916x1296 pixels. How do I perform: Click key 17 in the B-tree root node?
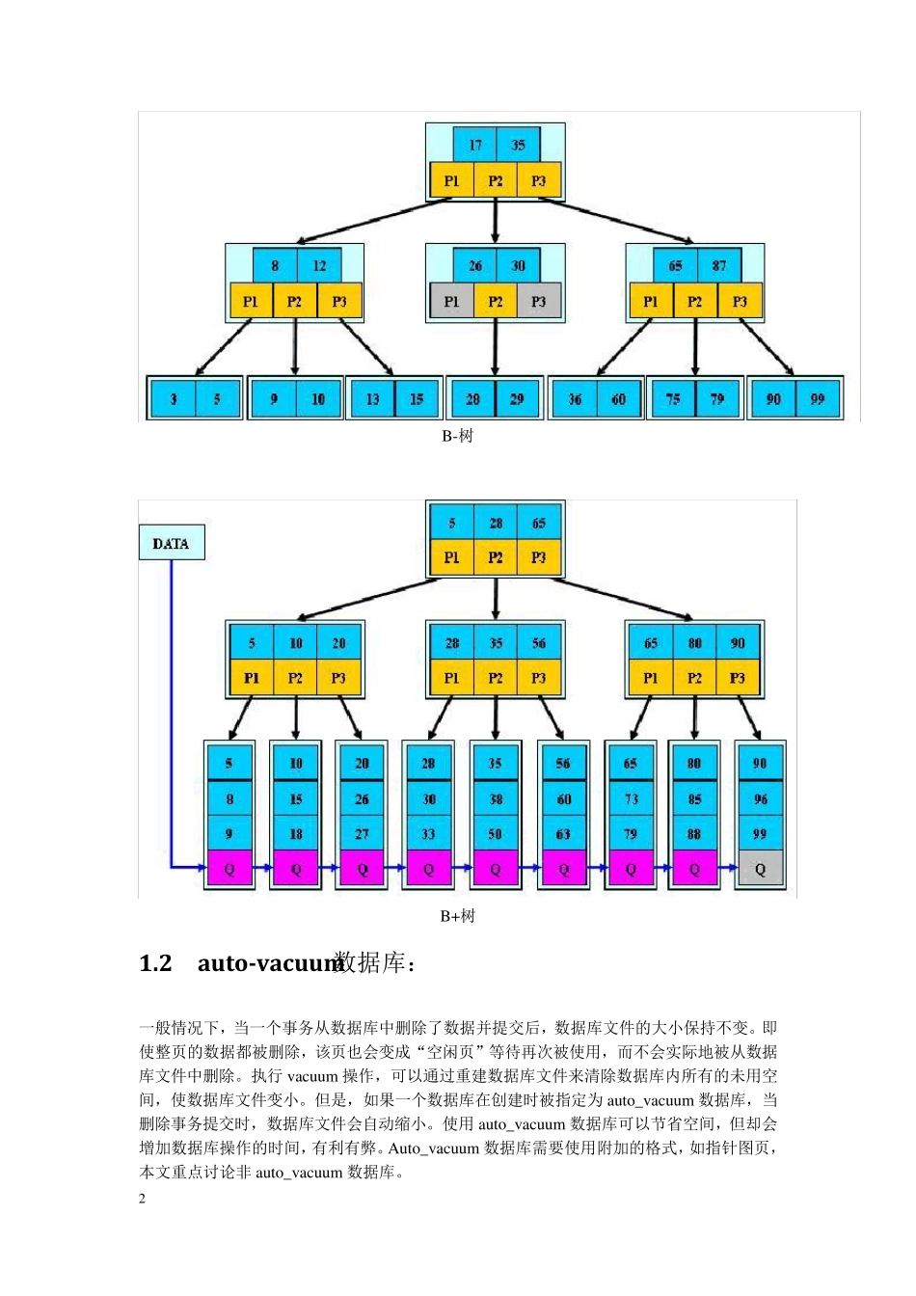coord(474,145)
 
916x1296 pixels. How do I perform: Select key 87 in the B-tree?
coord(718,265)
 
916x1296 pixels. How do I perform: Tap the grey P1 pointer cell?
coord(451,302)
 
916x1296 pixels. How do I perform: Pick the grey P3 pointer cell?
coord(538,302)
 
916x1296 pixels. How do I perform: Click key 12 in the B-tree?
coord(319,265)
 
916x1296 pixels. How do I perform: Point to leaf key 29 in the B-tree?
coord(517,398)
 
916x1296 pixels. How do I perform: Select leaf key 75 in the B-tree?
coord(673,398)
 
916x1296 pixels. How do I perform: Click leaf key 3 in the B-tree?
coord(174,398)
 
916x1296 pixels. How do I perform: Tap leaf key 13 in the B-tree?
coord(372,398)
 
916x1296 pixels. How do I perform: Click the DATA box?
coord(171,543)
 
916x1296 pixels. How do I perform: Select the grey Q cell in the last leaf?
coord(760,869)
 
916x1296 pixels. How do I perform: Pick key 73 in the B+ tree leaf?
coord(631,798)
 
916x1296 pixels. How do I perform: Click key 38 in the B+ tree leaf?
coord(496,798)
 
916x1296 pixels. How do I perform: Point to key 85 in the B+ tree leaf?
coord(694,798)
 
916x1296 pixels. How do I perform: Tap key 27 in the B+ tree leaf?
coord(362,834)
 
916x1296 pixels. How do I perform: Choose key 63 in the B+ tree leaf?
coord(563,834)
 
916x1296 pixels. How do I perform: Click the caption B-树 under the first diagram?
coord(457,436)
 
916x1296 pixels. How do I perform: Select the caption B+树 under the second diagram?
coord(457,916)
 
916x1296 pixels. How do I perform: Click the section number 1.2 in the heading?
coord(155,963)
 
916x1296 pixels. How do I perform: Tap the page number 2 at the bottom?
coord(143,1199)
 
